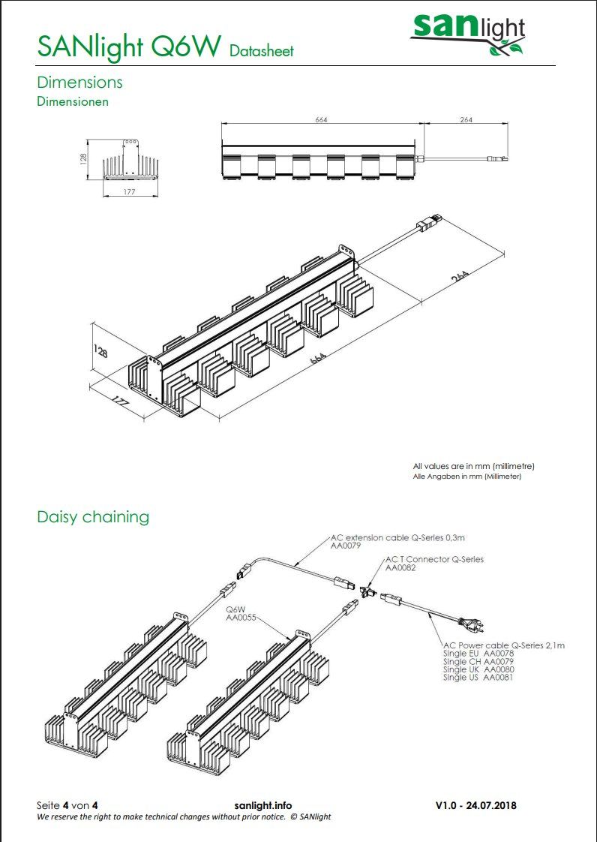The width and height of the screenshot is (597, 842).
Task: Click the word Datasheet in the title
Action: tap(262, 51)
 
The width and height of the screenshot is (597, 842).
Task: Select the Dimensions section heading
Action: tap(79, 82)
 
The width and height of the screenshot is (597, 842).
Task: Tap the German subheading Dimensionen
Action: tap(73, 101)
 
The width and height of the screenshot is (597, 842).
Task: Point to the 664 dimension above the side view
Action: tap(321, 120)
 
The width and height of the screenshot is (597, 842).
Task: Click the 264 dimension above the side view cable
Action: tap(466, 120)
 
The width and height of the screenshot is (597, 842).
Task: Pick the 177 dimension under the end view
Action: tap(130, 191)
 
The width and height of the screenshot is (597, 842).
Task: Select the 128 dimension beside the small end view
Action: tap(83, 159)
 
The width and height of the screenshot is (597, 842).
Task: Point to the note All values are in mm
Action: tap(473, 465)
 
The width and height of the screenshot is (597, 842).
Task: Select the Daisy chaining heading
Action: tap(93, 516)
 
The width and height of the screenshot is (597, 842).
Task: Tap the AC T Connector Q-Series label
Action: tap(434, 559)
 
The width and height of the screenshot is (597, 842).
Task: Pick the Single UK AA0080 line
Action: tap(478, 669)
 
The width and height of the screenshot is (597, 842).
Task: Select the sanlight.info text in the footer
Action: tap(263, 805)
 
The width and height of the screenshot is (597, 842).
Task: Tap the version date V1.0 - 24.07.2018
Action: tap(476, 805)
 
